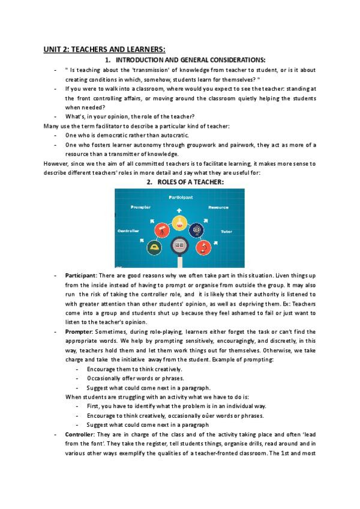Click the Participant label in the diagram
coord(179,197)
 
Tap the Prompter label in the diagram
coord(142,207)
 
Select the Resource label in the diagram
coord(218,207)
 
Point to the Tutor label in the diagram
coord(226,230)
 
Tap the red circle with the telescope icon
coord(162,230)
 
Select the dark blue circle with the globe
coord(197,230)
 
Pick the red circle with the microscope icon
coord(203,247)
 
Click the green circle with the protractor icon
coord(155,247)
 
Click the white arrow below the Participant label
coord(179,209)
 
